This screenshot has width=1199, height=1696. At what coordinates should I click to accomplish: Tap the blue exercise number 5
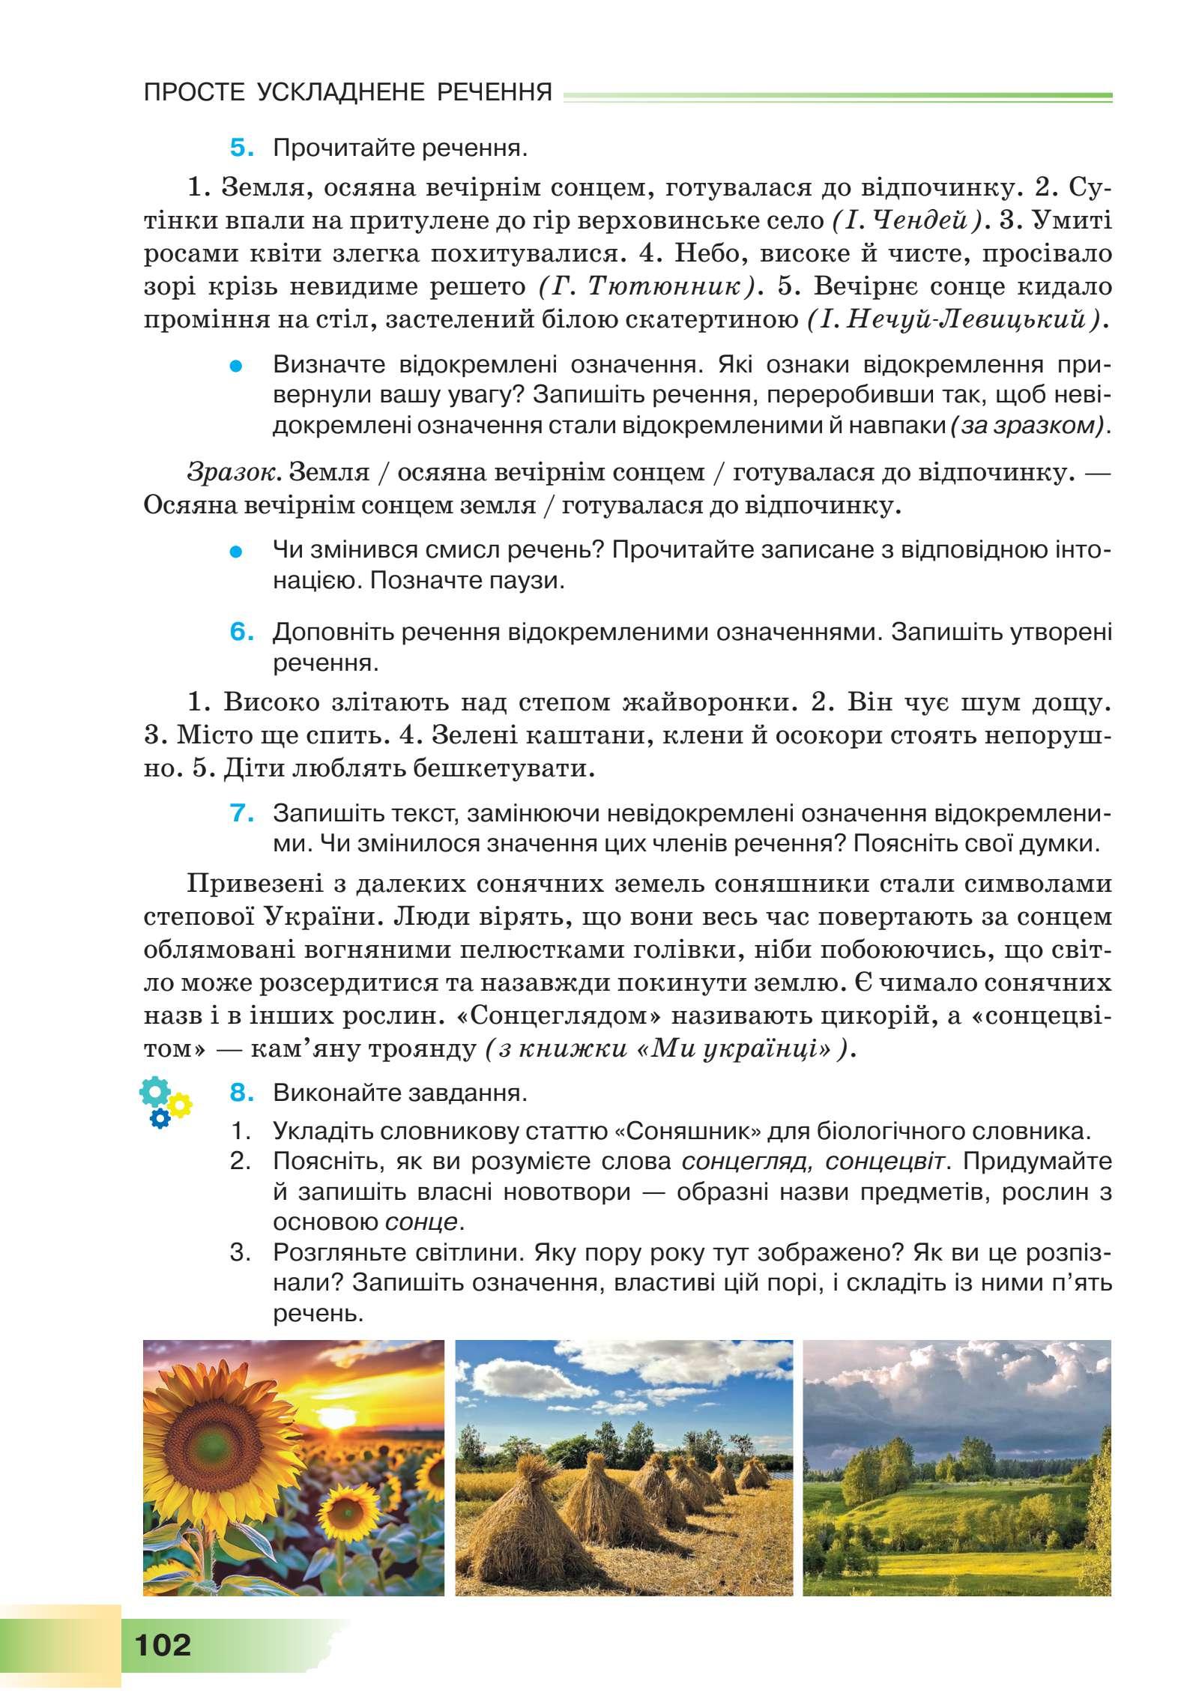pos(242,148)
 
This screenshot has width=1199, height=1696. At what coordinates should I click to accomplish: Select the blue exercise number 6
pos(242,632)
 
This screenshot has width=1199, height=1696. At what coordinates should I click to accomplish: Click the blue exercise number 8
pos(242,1093)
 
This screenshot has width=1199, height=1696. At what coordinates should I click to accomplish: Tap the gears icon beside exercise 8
pos(165,1102)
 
